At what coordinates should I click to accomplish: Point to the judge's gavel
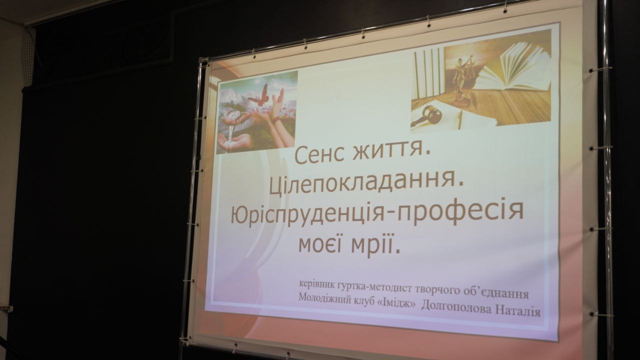pyautogui.click(x=427, y=115)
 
